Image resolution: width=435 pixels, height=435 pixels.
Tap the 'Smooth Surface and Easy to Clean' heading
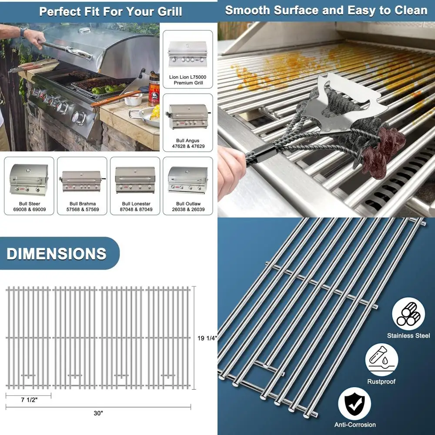tap(326, 11)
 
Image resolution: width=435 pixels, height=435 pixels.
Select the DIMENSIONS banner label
tap(57, 254)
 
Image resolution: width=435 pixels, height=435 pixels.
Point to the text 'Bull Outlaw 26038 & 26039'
tap(187, 207)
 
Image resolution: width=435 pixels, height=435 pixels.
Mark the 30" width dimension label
tap(98, 413)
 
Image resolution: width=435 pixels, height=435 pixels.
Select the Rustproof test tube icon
tap(381, 360)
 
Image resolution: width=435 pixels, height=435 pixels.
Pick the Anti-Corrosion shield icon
tap(355, 403)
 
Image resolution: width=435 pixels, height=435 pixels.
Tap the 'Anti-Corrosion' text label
tap(355, 425)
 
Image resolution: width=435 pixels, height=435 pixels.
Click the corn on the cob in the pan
tap(154, 113)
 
